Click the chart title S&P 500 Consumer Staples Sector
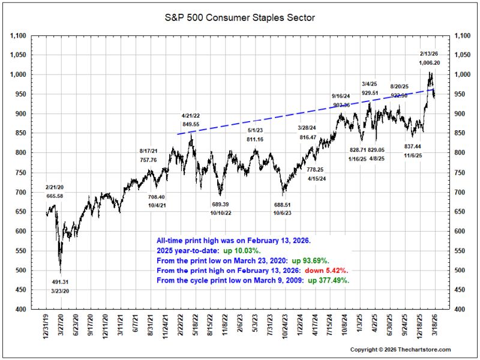239,18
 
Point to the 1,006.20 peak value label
429,63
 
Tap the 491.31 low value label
60,282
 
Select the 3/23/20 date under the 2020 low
60,291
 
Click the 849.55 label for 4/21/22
191,124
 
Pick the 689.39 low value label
220,204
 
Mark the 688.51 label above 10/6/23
282,205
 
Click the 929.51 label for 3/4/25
370,93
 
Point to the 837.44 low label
413,146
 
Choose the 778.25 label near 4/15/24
315,169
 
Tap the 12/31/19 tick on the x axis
46,325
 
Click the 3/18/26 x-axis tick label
434,325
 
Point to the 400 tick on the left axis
22,310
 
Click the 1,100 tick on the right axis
462,36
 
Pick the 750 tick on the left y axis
22,173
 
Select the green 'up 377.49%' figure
328,280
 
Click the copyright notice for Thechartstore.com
400,350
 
